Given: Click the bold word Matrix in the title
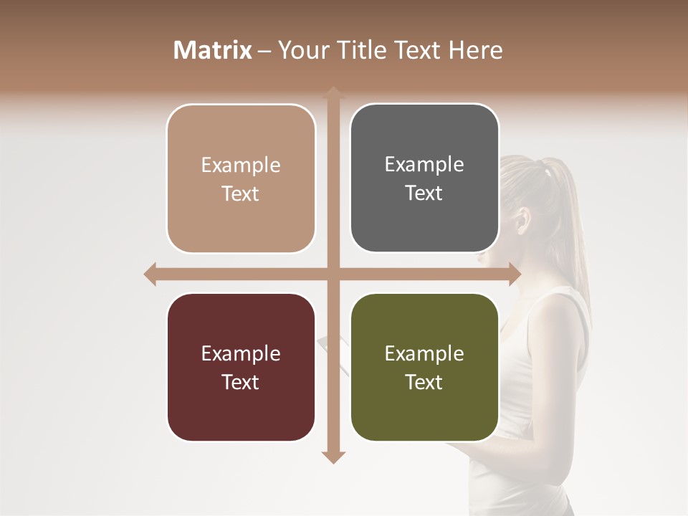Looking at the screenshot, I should pyautogui.click(x=213, y=50).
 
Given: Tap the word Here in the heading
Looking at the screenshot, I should pyautogui.click(x=475, y=50).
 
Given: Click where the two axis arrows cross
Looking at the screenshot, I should pyautogui.click(x=333, y=274).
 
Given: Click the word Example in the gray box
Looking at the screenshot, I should pyautogui.click(x=424, y=164).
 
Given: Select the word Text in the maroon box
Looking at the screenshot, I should pyautogui.click(x=240, y=382).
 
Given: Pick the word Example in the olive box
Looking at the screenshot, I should pyautogui.click(x=424, y=353).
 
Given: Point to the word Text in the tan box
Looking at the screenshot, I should pyautogui.click(x=240, y=193).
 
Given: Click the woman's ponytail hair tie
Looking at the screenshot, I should pyautogui.click(x=548, y=172).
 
